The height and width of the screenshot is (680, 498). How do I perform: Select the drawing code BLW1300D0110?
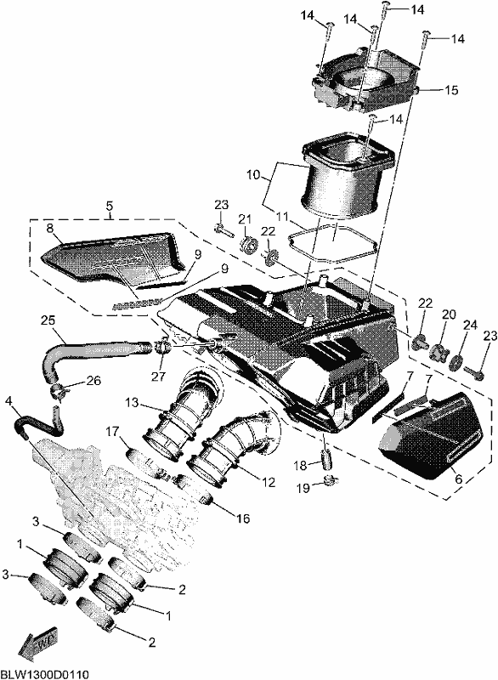pos(45,674)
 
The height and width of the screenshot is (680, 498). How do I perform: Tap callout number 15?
pos(450,90)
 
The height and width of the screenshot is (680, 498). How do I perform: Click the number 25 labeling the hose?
pos(48,320)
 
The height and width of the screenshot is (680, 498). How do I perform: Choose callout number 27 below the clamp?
pos(159,376)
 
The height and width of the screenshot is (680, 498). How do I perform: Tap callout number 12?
pos(269,482)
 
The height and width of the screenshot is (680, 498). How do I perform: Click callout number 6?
pos(458,479)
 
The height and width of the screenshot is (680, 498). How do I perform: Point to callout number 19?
pos(303,488)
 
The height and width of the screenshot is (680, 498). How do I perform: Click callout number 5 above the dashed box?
pos(109,204)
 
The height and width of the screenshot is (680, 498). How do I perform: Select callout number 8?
pos(51,229)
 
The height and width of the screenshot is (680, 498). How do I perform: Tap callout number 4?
pos(8,402)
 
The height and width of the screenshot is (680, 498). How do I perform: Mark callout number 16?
pos(243,518)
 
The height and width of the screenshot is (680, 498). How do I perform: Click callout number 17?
pos(112,432)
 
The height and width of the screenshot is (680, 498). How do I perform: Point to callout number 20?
pos(449,314)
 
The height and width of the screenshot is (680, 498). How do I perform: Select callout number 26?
pos(93,380)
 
